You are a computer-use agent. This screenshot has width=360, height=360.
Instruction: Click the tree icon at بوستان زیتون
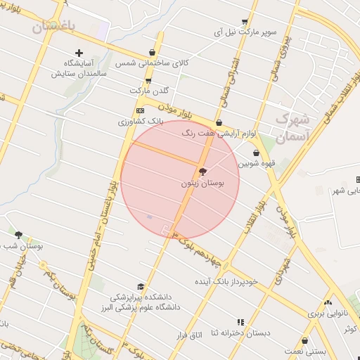pos(203,172)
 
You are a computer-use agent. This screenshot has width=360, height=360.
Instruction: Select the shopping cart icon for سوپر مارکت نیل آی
pos(244,22)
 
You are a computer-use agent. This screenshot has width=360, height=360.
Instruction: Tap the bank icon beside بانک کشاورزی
pos(141,110)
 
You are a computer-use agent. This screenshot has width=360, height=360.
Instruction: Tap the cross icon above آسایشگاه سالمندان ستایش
pos(79,53)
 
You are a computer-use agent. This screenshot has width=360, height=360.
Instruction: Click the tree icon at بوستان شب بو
pos(18,236)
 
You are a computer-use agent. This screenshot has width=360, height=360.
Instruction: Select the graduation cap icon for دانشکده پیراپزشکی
pos(141,287)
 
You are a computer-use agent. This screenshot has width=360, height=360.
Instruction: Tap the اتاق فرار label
pos(189,336)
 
